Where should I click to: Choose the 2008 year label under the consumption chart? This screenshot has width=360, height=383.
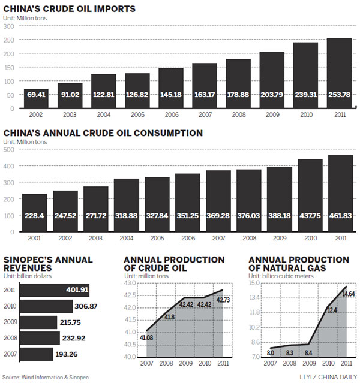[248, 237]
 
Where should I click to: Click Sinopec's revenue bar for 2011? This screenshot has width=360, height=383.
[55, 291]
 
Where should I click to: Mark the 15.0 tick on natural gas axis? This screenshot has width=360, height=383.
[253, 282]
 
